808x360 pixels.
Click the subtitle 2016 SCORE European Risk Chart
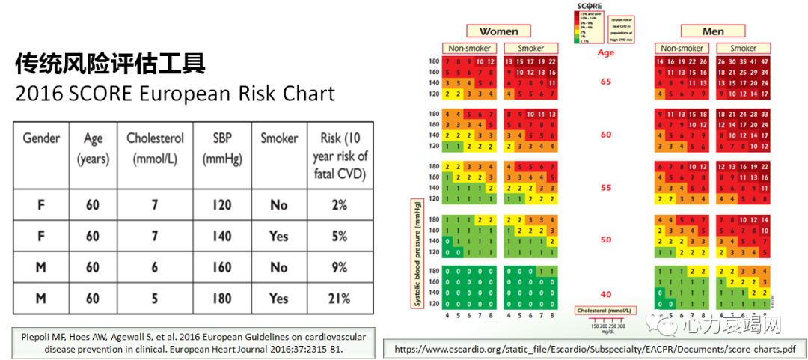click(x=175, y=94)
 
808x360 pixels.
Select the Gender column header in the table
click(x=41, y=138)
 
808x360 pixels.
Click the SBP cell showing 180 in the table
click(x=221, y=298)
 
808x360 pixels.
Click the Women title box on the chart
click(x=498, y=31)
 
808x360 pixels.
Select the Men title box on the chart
click(x=713, y=31)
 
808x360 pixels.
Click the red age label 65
click(x=606, y=82)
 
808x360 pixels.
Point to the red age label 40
click(x=606, y=294)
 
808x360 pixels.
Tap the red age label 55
click(x=606, y=188)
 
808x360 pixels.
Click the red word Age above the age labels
click(x=606, y=53)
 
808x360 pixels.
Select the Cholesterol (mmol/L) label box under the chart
click(x=605, y=310)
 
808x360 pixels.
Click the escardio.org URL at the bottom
click(x=594, y=348)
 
